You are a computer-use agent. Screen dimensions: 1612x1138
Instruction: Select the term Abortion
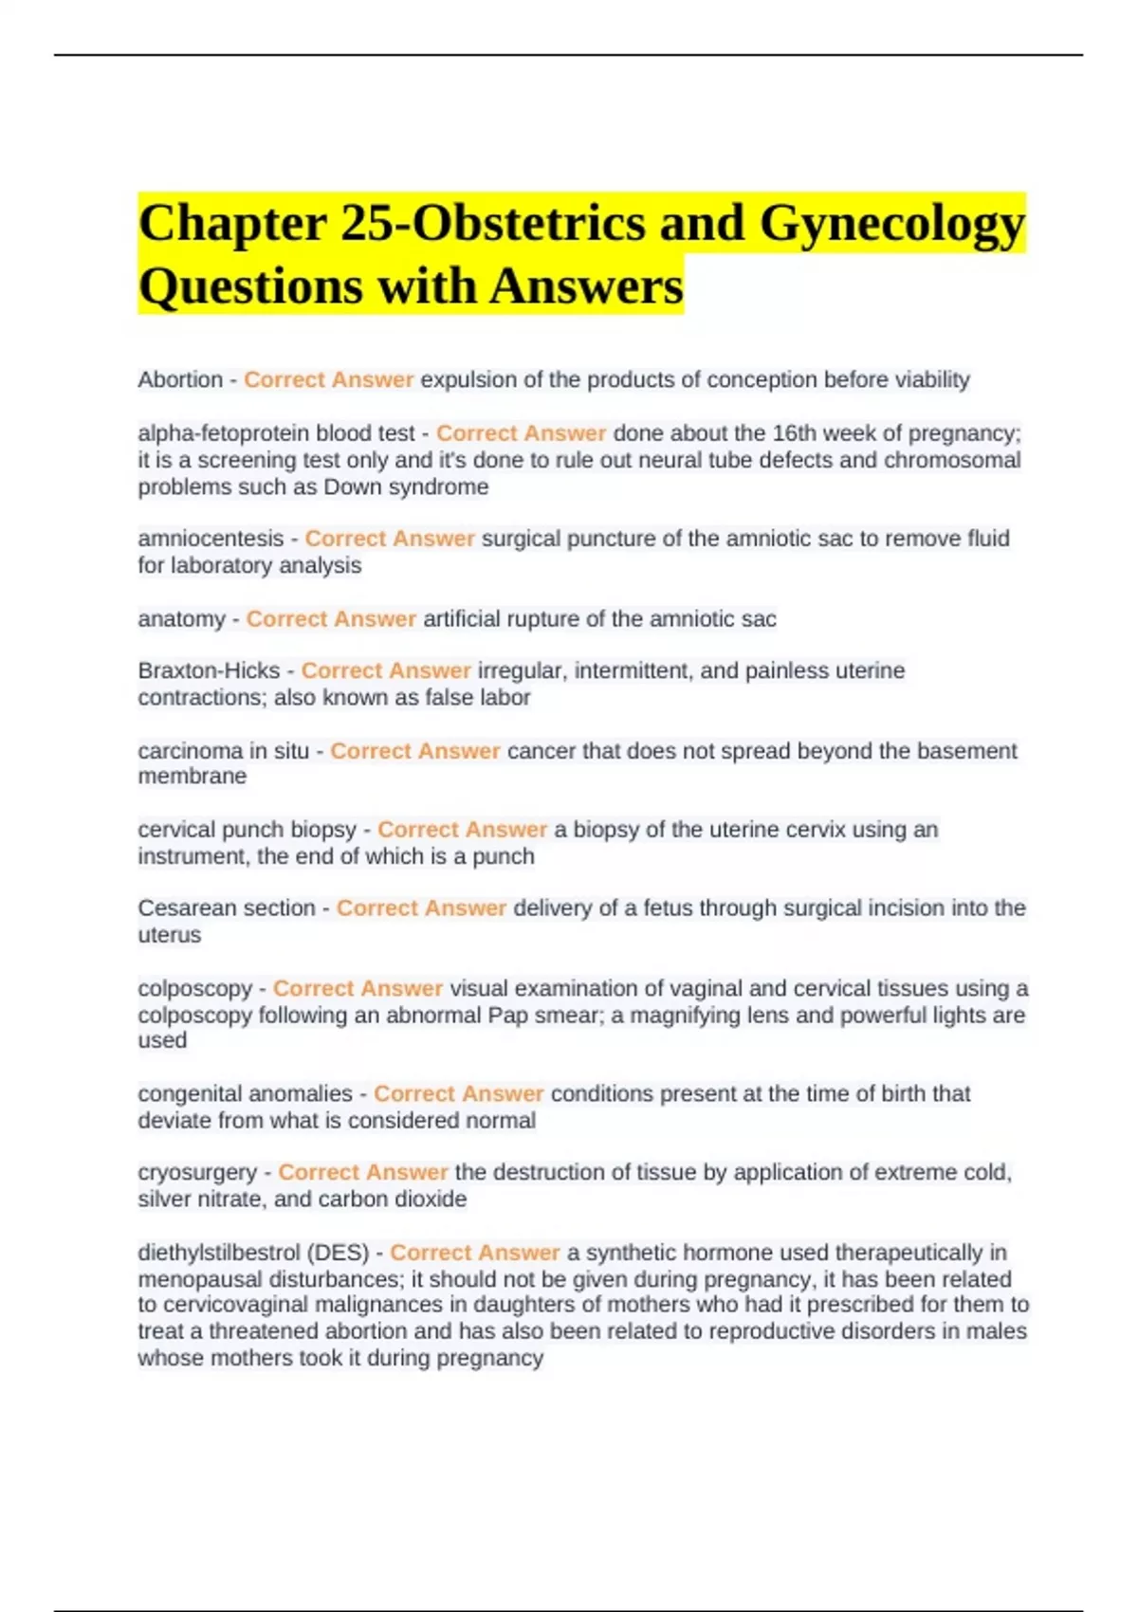click(x=180, y=380)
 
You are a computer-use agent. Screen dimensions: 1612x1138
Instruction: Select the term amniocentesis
click(x=211, y=539)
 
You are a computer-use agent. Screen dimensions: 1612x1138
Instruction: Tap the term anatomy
click(x=181, y=619)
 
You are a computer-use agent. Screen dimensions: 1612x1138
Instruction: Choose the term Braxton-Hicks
click(x=209, y=670)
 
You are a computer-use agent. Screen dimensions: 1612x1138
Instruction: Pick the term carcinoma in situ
click(x=224, y=751)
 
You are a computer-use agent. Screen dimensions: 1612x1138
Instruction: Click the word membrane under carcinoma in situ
click(x=193, y=777)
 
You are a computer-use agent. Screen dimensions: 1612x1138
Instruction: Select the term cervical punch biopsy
click(x=248, y=830)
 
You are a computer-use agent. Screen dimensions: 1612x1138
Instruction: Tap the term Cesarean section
click(x=227, y=908)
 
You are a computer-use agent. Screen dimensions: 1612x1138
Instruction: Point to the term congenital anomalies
click(x=245, y=1094)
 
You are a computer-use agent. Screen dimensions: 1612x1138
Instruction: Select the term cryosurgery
click(x=197, y=1173)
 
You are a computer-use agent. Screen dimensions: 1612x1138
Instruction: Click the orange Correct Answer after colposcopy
click(x=358, y=988)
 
